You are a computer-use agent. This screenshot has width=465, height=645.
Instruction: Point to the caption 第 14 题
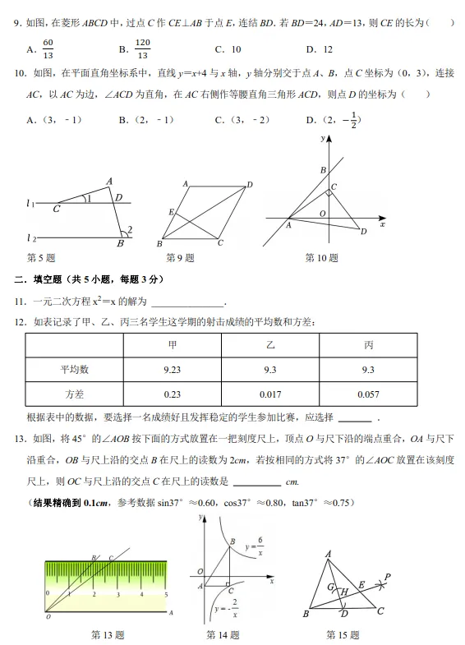click(x=223, y=634)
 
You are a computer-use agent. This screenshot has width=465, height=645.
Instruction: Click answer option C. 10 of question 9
click(x=228, y=50)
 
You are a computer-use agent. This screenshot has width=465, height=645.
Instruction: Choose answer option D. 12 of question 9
click(x=319, y=50)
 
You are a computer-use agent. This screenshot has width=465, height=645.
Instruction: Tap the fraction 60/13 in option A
click(x=48, y=49)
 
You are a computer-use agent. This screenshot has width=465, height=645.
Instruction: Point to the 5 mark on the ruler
click(x=166, y=593)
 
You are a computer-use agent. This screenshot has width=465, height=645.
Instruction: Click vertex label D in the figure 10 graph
click(x=363, y=232)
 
